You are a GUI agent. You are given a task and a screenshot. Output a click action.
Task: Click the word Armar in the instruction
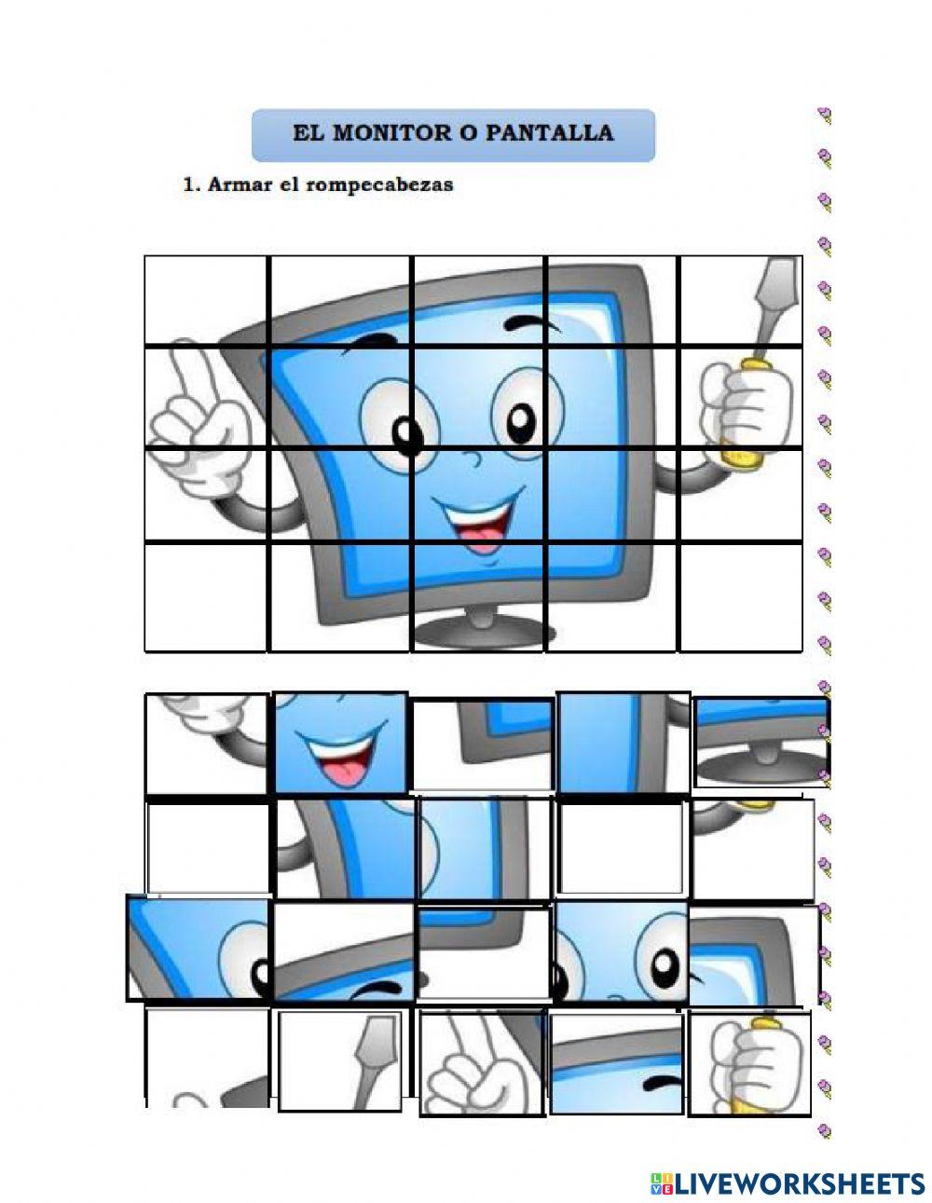[x=239, y=185]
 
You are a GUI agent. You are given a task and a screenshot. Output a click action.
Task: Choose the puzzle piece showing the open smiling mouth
[x=341, y=743]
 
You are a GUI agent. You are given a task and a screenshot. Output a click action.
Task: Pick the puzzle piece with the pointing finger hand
[x=481, y=1062]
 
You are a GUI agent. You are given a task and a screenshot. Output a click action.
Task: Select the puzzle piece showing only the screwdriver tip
[x=341, y=1060]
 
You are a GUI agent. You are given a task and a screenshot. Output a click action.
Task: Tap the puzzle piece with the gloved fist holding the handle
[x=750, y=1062]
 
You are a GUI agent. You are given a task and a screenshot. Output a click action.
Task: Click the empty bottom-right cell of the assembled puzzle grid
[x=740, y=596]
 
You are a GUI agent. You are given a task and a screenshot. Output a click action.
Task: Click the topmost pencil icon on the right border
[x=824, y=116]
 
